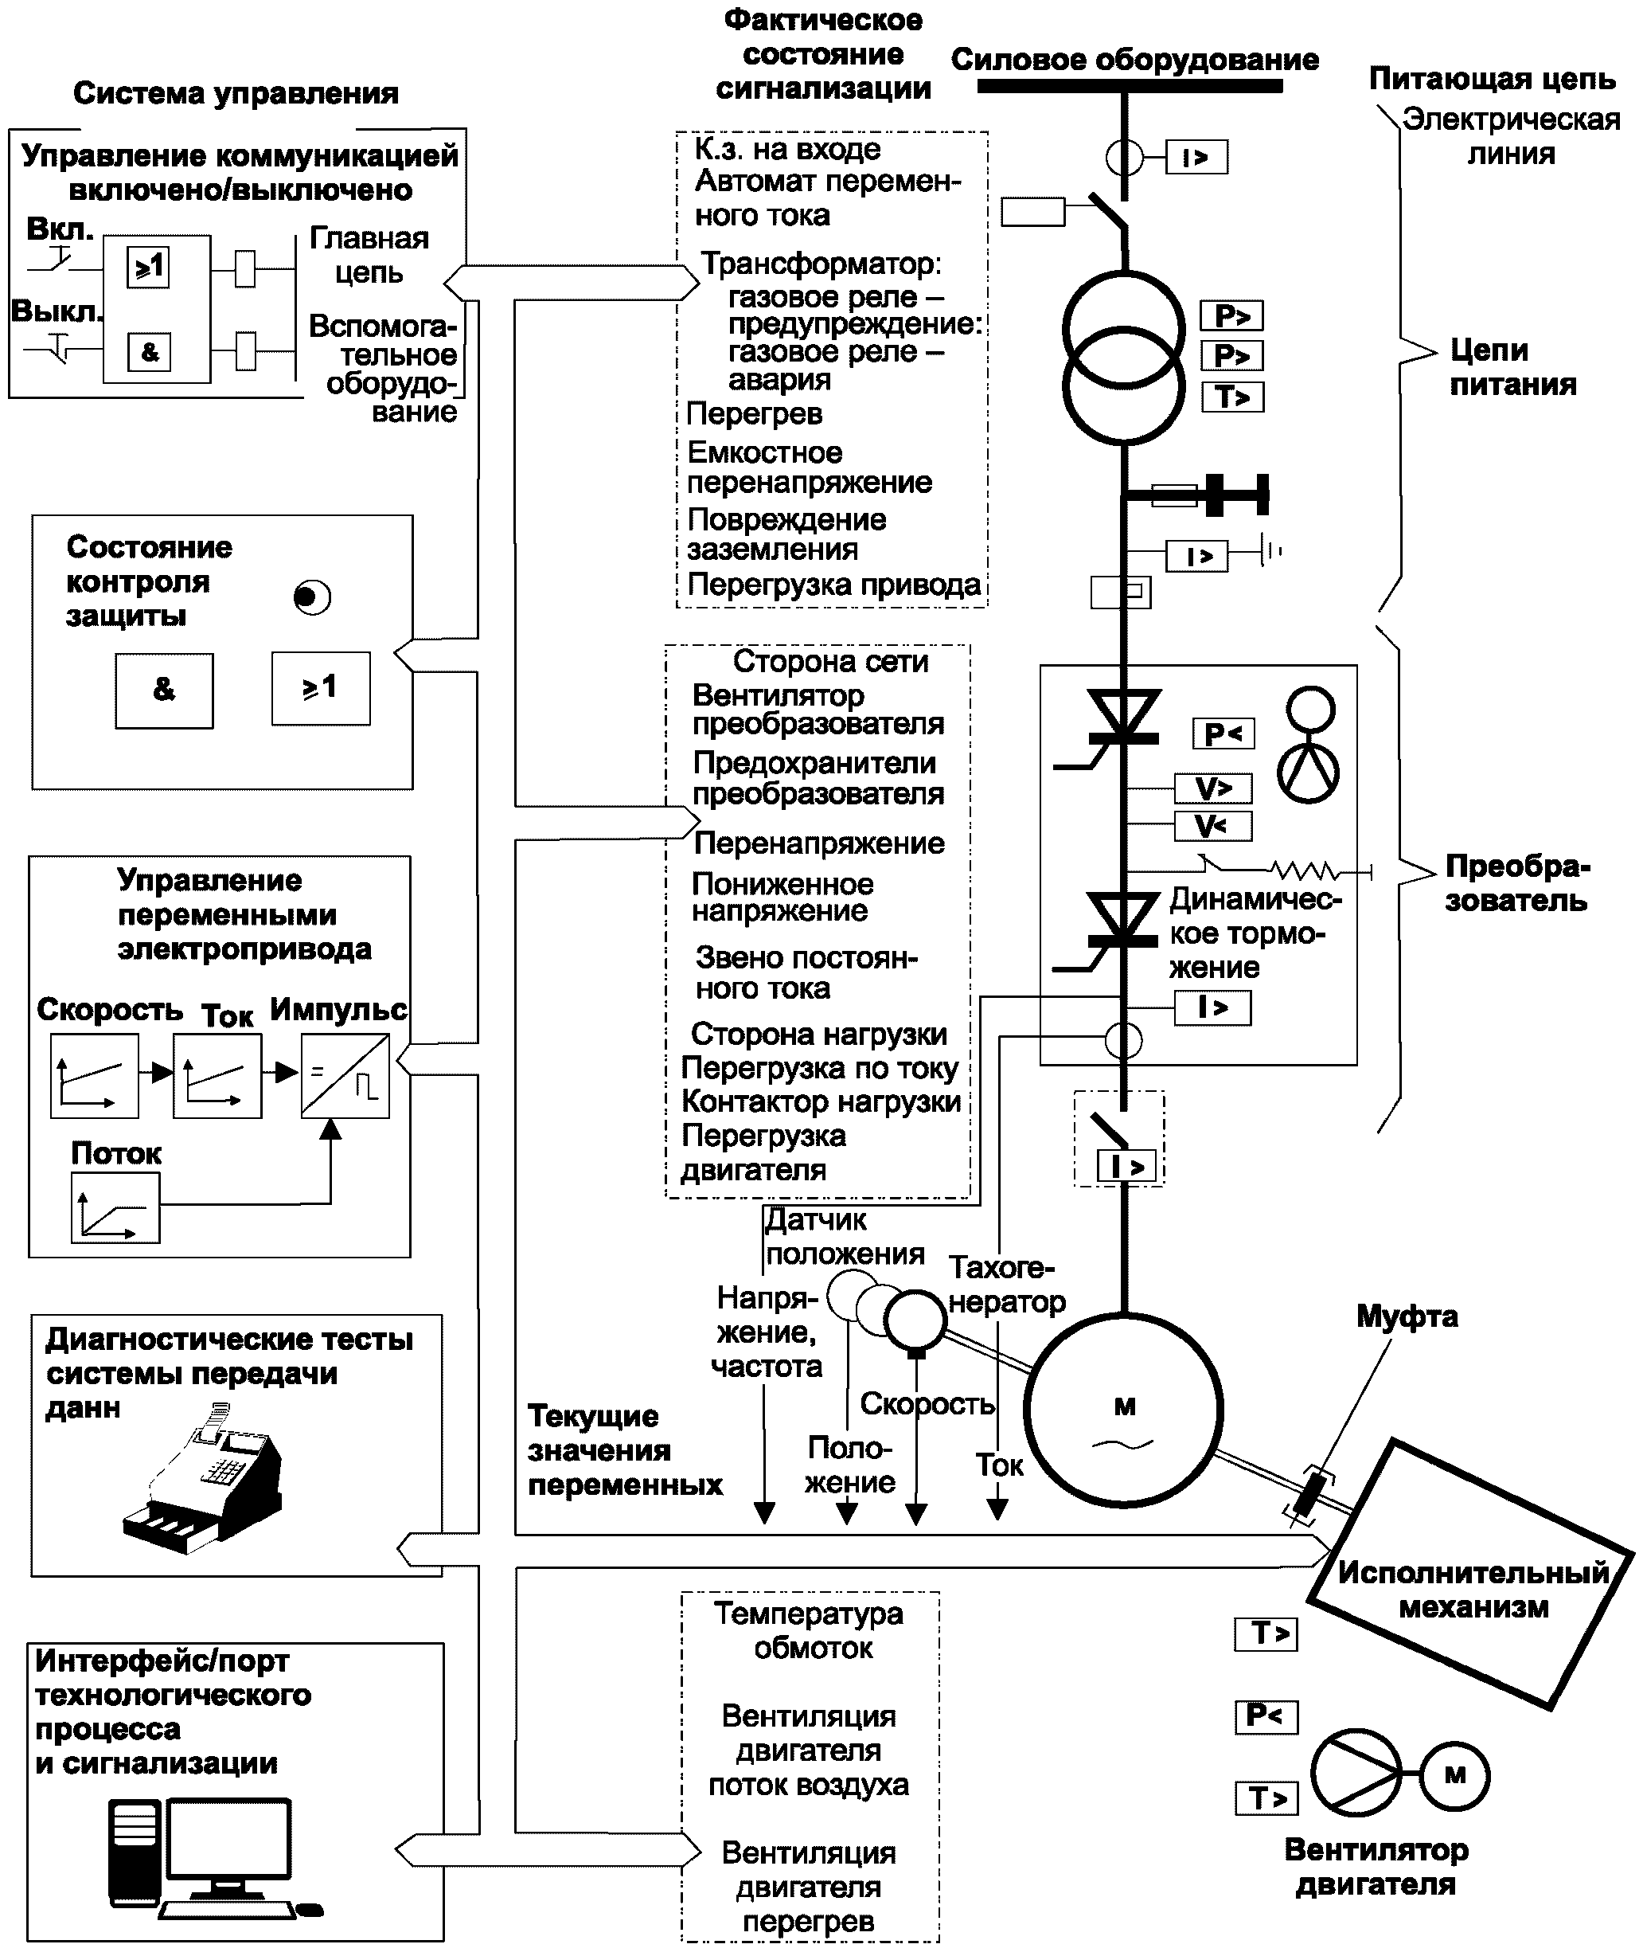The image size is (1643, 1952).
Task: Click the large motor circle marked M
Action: tap(1123, 1410)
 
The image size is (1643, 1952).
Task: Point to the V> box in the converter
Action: tap(1212, 788)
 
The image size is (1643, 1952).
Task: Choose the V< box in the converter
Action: tap(1211, 827)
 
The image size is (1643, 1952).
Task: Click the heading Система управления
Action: tap(236, 93)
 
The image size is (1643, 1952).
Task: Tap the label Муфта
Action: tap(1407, 1316)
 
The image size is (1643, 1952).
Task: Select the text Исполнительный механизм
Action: tap(1473, 1590)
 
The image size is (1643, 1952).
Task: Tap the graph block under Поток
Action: tap(115, 1207)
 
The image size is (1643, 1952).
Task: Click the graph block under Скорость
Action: tap(95, 1076)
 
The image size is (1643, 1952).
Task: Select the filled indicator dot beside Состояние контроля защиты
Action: tap(310, 597)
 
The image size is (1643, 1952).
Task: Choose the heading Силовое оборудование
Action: tap(1134, 60)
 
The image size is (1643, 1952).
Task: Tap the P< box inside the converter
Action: tap(1223, 734)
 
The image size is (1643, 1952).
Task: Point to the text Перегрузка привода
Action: tap(833, 585)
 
